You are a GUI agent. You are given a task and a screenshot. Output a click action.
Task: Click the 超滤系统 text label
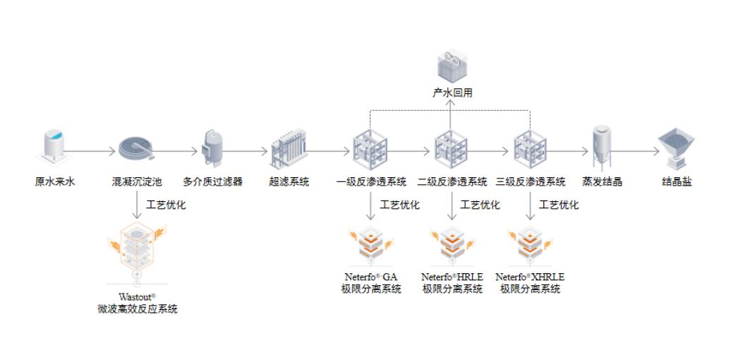pos(289,181)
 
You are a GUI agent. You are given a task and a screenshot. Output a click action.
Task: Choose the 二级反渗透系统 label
pos(452,181)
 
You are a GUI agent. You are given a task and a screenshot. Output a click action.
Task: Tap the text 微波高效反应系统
pos(138,308)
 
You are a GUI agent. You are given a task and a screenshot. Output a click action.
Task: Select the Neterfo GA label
pos(371,277)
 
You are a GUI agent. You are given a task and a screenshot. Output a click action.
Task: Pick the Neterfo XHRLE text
pos(531,277)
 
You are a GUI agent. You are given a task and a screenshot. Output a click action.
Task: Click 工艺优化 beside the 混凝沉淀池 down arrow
pos(166,205)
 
